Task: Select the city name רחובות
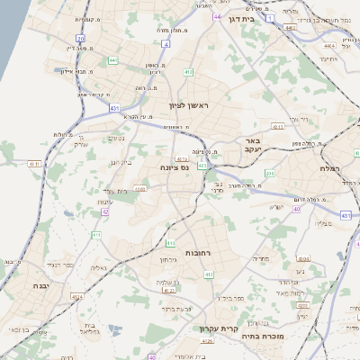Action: [197, 254]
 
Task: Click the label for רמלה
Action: [330, 168]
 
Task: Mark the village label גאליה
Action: [99, 267]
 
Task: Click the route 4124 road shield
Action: [79, 294]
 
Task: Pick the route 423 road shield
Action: [204, 166]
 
